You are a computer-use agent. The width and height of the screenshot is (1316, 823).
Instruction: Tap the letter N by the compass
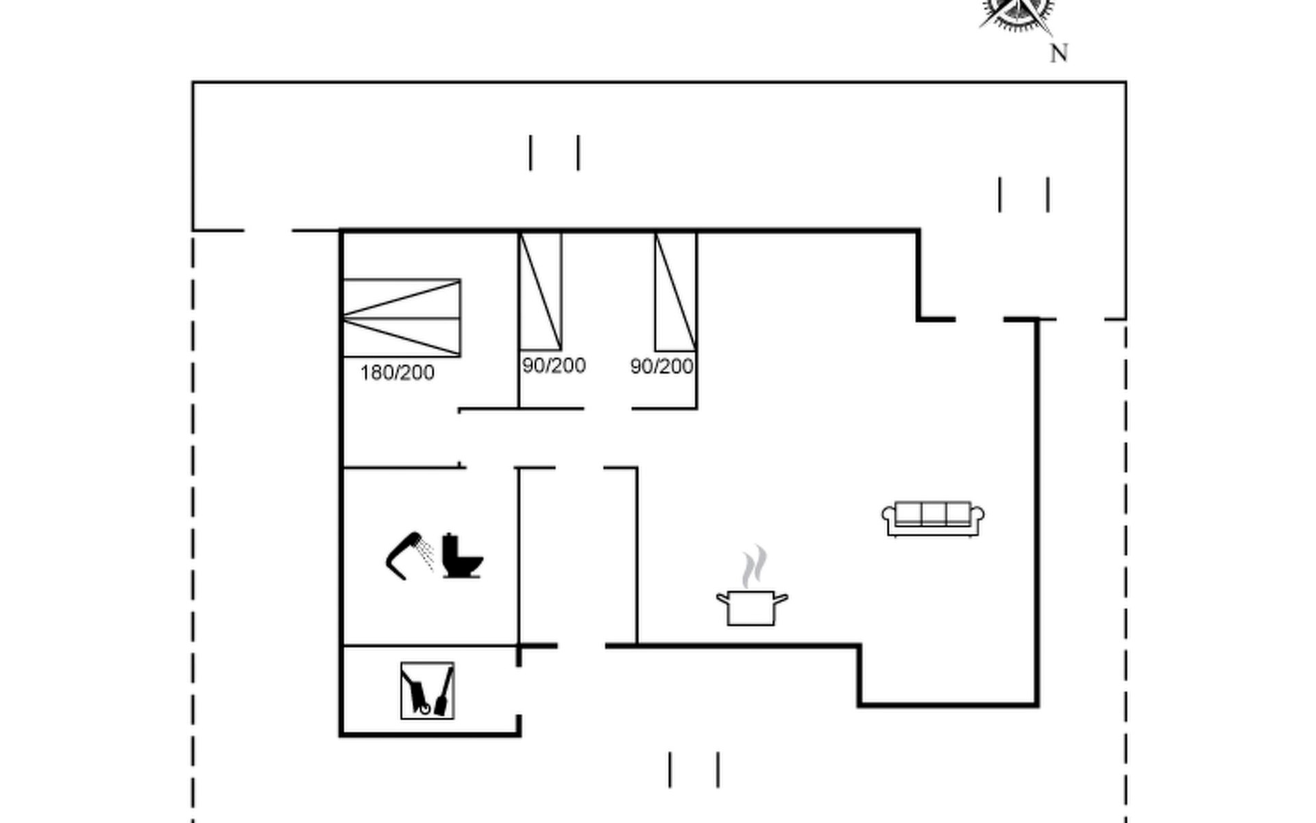(1059, 53)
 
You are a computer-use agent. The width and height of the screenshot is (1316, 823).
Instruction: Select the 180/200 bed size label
(397, 372)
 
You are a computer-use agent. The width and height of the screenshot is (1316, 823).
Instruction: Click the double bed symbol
(402, 318)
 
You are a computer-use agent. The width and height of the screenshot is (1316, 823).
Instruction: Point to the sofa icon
(933, 518)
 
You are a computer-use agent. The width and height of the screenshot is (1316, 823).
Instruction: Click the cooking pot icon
(752, 607)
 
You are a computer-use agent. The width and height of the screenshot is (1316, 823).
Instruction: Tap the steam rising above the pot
(754, 566)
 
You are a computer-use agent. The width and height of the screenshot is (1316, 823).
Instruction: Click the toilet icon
(462, 556)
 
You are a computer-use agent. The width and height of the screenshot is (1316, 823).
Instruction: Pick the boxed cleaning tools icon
(427, 691)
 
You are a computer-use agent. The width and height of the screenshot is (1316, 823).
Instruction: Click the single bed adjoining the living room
(676, 291)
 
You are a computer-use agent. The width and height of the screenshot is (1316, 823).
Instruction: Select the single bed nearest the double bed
(541, 291)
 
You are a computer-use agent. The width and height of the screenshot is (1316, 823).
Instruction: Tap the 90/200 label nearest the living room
(661, 366)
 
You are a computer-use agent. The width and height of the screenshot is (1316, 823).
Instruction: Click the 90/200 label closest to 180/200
(554, 365)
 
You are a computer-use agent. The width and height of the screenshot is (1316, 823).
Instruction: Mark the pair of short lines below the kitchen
(694, 770)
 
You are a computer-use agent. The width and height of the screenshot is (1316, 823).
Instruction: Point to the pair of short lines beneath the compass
(1024, 195)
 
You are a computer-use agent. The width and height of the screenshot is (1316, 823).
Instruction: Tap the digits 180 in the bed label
(375, 372)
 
